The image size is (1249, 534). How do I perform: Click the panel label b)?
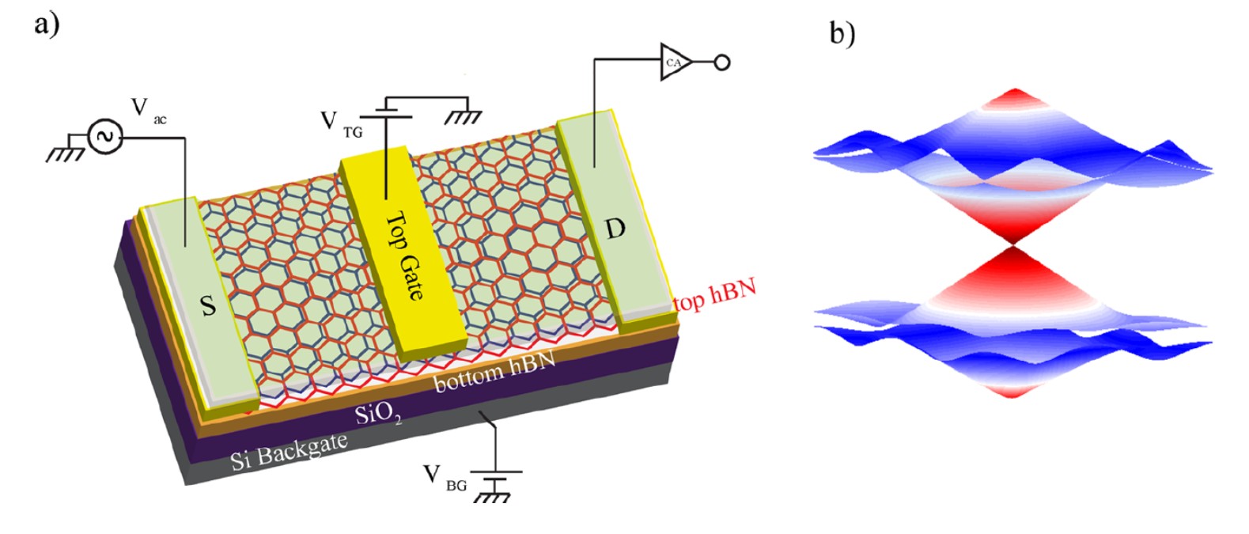coord(842,32)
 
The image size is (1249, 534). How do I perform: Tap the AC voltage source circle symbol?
coord(104,137)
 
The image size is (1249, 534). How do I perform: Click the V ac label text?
coord(148,111)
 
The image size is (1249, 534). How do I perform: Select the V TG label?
coord(341,124)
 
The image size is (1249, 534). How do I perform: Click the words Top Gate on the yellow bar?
coord(404,256)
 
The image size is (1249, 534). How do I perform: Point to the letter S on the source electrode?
coord(208,305)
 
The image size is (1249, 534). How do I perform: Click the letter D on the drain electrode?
coord(615,229)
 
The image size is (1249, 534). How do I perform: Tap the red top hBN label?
coord(713,294)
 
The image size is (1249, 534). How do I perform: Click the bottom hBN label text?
coord(494,372)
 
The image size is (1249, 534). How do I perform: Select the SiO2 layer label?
coord(379,411)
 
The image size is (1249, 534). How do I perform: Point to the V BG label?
coord(444,477)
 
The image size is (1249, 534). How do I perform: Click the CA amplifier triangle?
coord(675,62)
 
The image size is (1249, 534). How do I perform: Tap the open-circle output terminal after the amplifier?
coord(721,62)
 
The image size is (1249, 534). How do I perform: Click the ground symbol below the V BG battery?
coord(495,496)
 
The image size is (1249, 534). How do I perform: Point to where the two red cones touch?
coord(1013,244)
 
